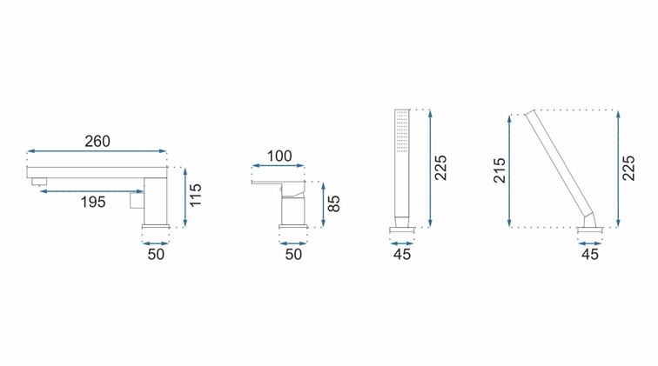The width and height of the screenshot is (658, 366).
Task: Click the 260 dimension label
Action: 97,142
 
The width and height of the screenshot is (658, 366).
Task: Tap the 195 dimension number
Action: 93,202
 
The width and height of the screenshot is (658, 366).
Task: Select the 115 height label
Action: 196,196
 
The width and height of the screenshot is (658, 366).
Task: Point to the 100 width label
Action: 279,156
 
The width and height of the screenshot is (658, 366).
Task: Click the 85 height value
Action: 333,203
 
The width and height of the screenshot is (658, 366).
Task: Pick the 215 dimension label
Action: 500,170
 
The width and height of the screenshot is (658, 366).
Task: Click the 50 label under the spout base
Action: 156,254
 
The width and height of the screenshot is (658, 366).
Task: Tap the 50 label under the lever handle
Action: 293,254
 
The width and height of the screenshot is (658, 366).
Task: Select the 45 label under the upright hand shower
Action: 402,254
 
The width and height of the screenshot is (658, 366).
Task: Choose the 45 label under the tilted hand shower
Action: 589,254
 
